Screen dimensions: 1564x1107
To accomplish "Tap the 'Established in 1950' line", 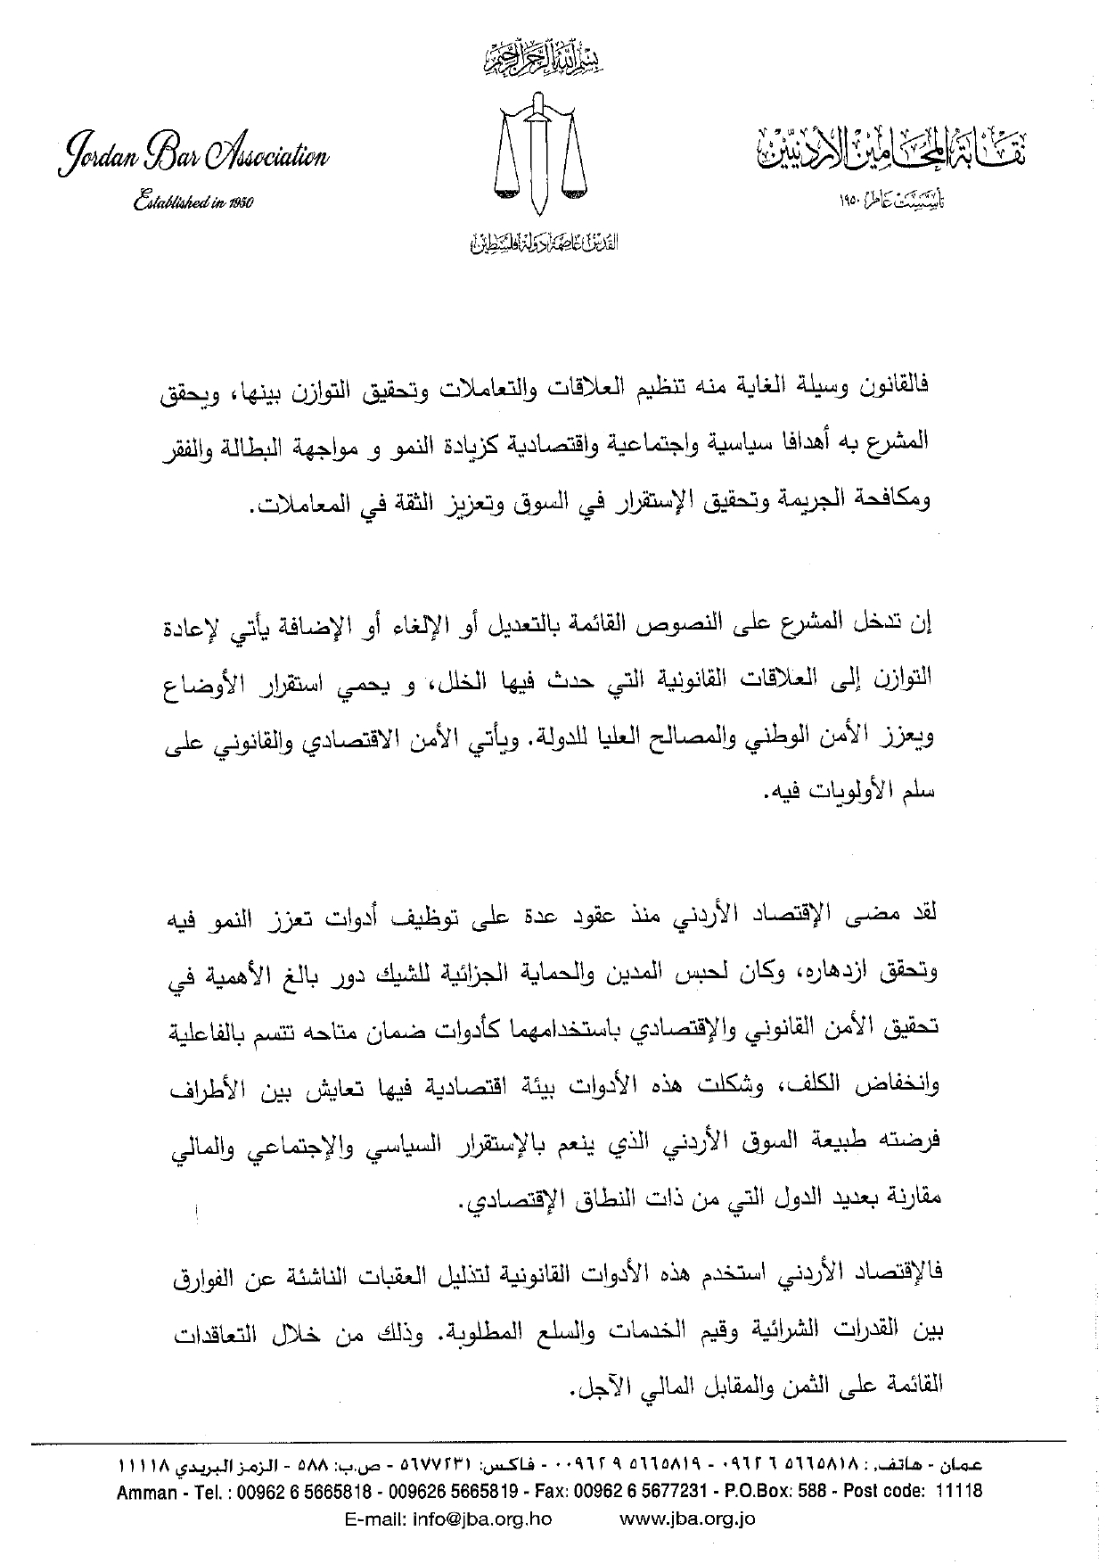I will [x=193, y=202].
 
